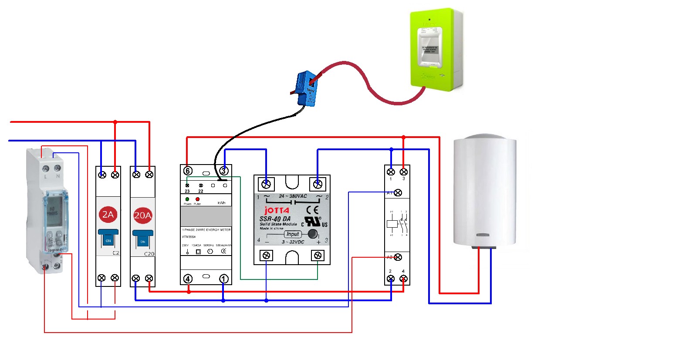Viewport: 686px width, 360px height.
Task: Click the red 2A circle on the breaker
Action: coord(108,214)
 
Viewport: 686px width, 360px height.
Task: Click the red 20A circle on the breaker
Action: coord(142,215)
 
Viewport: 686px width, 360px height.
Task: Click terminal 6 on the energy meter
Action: coord(188,171)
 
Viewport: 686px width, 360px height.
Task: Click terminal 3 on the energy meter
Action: coord(224,171)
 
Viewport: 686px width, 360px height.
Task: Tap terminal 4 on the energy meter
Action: coord(188,279)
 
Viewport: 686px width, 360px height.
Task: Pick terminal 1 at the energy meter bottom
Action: coord(224,279)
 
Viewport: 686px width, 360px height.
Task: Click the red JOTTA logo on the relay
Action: coord(277,210)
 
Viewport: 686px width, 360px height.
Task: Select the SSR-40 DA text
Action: coord(275,219)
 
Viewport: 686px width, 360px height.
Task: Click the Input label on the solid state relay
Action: coord(293,234)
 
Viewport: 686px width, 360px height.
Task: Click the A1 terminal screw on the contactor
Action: coord(398,192)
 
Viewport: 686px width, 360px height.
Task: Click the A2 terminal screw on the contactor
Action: coord(398,257)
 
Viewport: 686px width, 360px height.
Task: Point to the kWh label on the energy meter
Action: coord(221,203)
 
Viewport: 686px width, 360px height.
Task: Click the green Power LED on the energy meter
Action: coord(187,199)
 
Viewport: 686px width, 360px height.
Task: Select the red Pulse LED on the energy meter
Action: coord(197,199)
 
